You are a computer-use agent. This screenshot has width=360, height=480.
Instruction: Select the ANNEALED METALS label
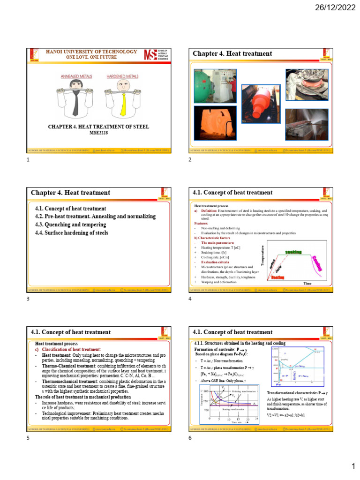coord(77,75)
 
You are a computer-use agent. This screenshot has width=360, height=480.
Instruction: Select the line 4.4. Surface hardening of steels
coord(71,232)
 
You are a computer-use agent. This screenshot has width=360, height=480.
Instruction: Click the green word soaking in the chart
coord(293,252)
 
